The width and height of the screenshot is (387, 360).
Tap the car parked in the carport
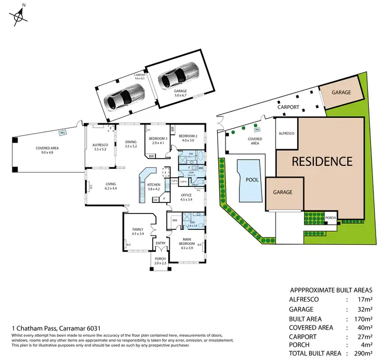(x=122, y=96)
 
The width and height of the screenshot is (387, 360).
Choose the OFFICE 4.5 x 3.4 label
(x=186, y=197)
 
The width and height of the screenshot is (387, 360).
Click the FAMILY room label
(x=137, y=231)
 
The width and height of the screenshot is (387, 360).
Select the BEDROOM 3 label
(x=157, y=140)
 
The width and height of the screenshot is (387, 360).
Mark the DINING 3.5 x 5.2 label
(x=131, y=144)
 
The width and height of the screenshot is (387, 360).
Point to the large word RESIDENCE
(x=322, y=161)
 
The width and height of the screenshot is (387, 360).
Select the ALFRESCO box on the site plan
(x=286, y=133)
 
